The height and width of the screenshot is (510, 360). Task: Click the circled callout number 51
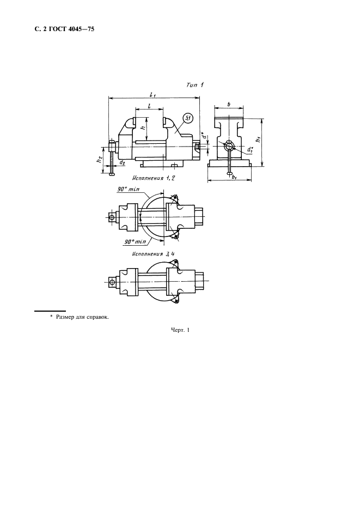point(188,119)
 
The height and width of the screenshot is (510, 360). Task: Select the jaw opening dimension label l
point(149,106)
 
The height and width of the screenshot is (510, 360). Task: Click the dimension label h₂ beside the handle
point(100,160)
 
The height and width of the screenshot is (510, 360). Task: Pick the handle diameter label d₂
point(121,162)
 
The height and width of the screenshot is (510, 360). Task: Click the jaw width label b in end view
point(229,105)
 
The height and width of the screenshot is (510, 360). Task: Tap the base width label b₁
point(234,177)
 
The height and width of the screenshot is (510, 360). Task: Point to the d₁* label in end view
point(250,150)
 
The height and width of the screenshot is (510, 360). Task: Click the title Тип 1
point(195,85)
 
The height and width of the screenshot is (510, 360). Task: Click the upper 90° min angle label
point(128,189)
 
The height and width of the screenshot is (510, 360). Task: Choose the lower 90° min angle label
point(135,242)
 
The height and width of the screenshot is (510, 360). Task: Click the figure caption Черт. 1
point(180,330)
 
